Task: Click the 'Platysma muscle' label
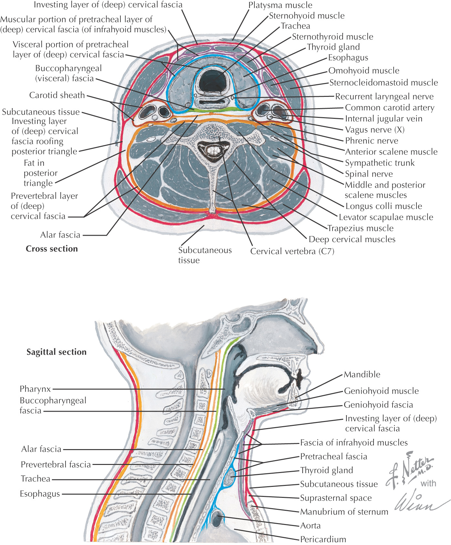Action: [280, 5]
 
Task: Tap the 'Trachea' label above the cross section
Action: [295, 26]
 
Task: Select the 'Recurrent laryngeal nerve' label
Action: [384, 96]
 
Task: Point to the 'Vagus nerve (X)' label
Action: [374, 130]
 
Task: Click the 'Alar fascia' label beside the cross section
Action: [60, 235]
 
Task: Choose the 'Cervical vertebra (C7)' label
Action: [292, 251]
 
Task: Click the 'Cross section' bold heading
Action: [52, 249]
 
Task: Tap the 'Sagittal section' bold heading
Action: [56, 352]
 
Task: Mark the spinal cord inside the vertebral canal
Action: [212, 150]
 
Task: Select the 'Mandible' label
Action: [362, 375]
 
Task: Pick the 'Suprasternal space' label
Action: [336, 498]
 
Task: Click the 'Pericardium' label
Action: [323, 539]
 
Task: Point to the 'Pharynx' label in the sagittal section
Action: [35, 389]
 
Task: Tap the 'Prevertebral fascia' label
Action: [56, 465]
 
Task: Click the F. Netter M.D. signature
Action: [410, 468]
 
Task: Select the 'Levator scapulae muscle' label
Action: [386, 217]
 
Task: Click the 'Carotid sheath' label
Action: [57, 95]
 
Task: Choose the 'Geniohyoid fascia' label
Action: [378, 405]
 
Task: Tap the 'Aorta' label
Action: [310, 526]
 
